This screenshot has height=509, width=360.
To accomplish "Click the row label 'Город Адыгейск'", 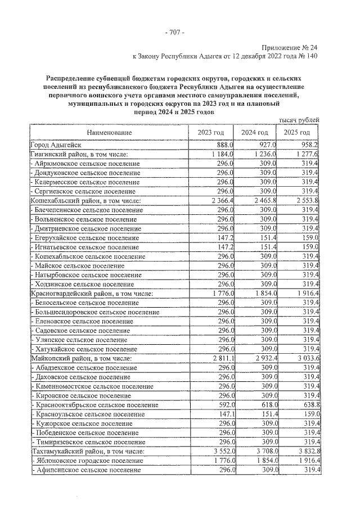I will [x=58, y=145].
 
